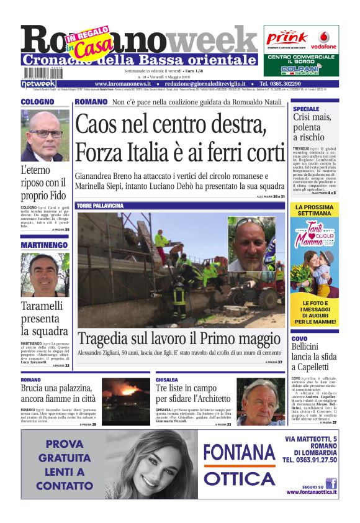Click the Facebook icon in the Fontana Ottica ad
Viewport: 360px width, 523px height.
tap(331, 483)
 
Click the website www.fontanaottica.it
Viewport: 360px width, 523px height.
tap(312, 492)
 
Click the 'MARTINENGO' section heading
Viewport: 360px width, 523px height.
tap(43, 245)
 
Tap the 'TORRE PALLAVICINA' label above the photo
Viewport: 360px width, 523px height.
tap(99, 206)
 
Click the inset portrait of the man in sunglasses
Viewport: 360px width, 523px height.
tap(251, 243)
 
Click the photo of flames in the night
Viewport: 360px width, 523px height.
tap(125, 394)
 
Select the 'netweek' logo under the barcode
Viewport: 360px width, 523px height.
tap(38, 83)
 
